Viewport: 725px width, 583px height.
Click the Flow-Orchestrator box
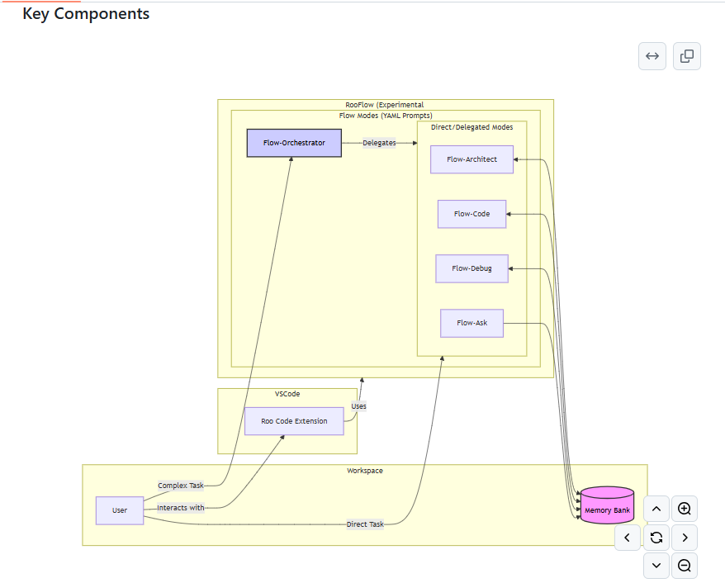coord(294,143)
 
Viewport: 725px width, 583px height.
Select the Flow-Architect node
coord(471,159)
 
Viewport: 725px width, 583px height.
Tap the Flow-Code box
coord(471,214)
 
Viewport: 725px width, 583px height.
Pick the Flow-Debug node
coord(471,268)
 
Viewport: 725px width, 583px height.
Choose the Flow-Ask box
coord(471,323)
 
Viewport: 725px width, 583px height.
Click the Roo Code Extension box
coord(294,421)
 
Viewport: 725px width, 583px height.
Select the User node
coord(120,510)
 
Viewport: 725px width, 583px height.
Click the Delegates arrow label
coord(379,143)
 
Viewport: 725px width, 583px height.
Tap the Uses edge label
coord(358,406)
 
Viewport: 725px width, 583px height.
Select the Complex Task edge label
coord(180,486)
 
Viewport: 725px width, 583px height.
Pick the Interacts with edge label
coord(180,508)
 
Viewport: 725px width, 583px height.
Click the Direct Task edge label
coord(365,524)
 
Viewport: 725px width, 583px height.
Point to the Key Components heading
coord(86,14)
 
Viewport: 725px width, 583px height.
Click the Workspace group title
coord(364,471)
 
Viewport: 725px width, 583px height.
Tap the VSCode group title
coord(287,394)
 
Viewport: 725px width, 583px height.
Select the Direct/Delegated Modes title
coord(471,127)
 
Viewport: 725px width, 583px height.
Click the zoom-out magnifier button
coord(684,566)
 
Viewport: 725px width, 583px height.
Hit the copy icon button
coord(686,56)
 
